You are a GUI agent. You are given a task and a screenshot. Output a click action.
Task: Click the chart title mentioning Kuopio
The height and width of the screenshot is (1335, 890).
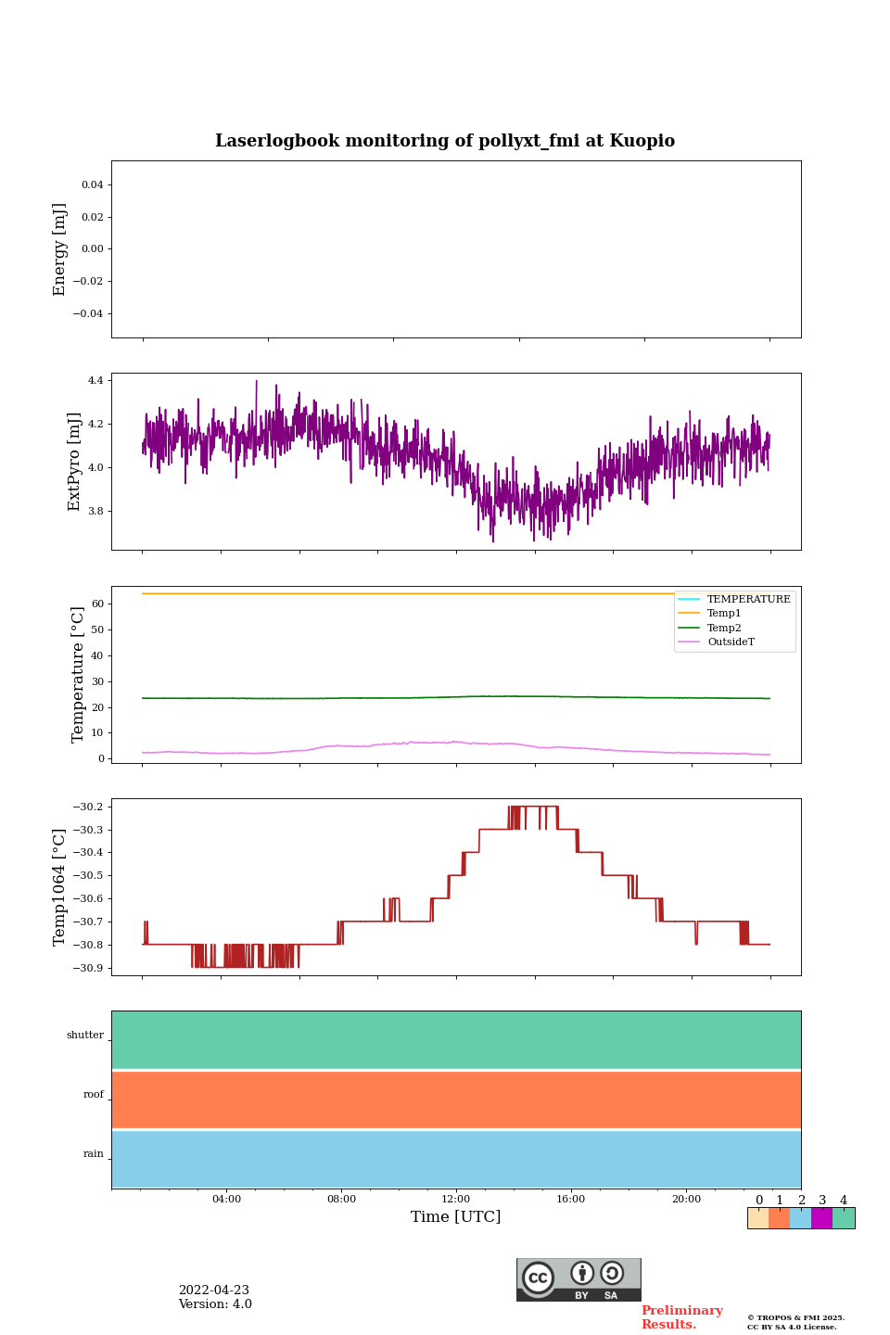click(x=445, y=141)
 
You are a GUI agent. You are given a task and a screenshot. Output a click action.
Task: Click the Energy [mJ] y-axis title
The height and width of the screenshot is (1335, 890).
click(x=60, y=249)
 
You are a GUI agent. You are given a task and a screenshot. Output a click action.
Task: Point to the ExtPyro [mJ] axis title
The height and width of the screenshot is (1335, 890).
click(x=75, y=462)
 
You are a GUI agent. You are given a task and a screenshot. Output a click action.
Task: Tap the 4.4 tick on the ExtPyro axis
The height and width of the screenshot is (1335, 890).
click(x=95, y=380)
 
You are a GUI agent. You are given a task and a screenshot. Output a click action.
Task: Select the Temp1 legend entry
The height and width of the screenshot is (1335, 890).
click(x=724, y=614)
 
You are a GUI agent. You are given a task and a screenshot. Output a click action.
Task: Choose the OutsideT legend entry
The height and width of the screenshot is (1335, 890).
click(x=731, y=642)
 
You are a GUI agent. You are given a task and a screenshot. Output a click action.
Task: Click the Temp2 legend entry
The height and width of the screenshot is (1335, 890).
click(x=724, y=628)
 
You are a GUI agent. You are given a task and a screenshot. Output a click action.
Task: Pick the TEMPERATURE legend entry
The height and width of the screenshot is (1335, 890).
click(x=748, y=599)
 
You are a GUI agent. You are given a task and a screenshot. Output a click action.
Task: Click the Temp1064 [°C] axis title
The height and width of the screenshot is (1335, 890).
click(x=60, y=887)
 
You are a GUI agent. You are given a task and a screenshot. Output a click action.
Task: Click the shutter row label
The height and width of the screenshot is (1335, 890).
click(x=85, y=1036)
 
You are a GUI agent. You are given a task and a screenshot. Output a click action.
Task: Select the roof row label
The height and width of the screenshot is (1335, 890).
click(x=94, y=1095)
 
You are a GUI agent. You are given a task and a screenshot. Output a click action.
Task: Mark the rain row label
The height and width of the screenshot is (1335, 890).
click(x=94, y=1154)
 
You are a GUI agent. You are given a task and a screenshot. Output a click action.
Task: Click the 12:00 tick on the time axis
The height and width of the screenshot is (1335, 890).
click(x=456, y=1200)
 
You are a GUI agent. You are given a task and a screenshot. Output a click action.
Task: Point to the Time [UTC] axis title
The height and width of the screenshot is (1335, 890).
click(x=456, y=1217)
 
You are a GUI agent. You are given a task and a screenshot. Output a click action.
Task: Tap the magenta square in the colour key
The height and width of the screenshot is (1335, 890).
click(x=821, y=1218)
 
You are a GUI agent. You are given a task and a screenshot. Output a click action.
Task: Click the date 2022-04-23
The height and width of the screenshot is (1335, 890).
click(x=214, y=1290)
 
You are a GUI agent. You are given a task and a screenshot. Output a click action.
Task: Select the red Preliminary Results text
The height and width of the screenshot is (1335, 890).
click(x=681, y=1317)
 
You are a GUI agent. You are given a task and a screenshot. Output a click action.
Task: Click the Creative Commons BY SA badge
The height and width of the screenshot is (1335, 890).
click(x=578, y=1279)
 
